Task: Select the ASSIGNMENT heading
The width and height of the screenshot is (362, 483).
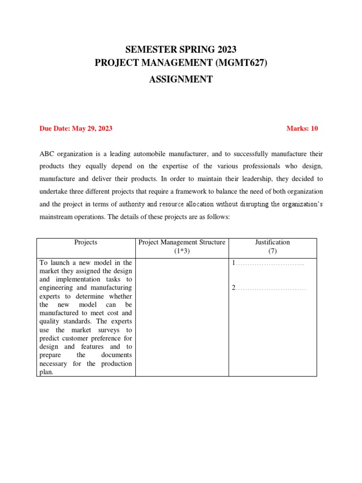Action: pos(181,79)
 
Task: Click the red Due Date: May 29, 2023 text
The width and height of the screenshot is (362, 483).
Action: pos(76,128)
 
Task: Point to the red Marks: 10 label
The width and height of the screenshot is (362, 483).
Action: pos(302,128)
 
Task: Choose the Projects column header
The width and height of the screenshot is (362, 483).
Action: pos(86,242)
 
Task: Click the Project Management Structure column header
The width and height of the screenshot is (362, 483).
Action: pos(182,242)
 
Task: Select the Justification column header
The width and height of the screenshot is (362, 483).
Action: pos(272,242)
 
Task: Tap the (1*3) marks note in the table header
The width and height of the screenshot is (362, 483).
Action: pos(182,251)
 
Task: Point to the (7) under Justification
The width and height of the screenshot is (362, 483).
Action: pos(272,251)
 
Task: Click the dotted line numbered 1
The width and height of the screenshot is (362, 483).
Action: pos(269,263)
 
